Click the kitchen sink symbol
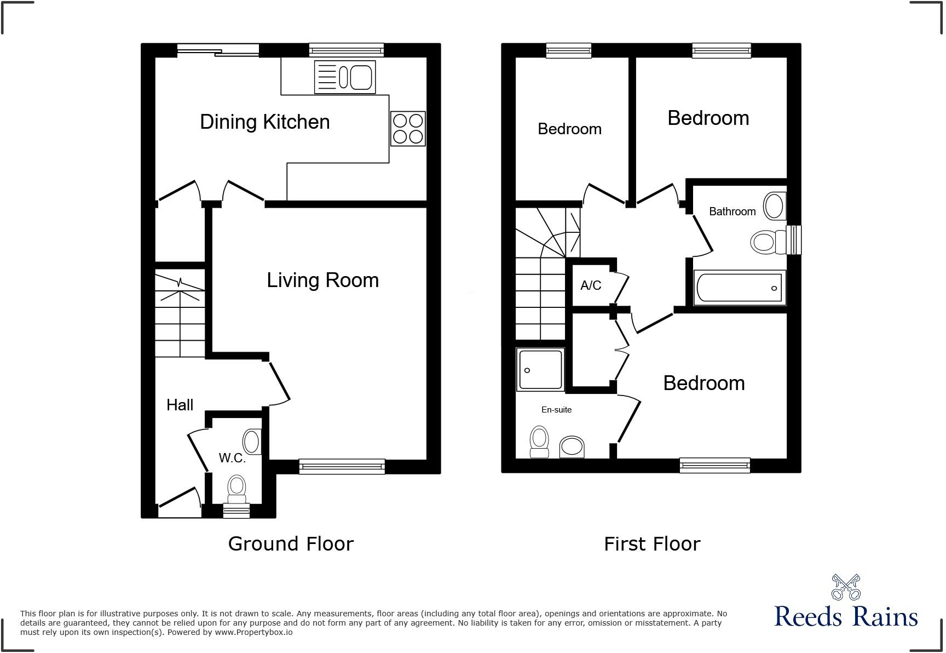click(x=345, y=77)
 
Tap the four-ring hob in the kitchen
click(x=408, y=128)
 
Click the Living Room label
click(x=322, y=280)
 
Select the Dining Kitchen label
click(x=264, y=122)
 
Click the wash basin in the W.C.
click(x=252, y=442)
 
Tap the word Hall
click(x=180, y=405)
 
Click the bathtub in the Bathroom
click(x=740, y=288)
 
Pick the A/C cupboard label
click(x=591, y=285)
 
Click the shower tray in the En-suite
click(x=540, y=370)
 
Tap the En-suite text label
click(x=556, y=410)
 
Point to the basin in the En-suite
click(x=572, y=446)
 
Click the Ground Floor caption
click(x=291, y=544)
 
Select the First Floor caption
click(x=652, y=544)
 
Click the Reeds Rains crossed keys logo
click(x=846, y=587)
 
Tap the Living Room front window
click(x=342, y=466)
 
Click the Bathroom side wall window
click(x=794, y=240)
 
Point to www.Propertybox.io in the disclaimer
click(x=253, y=632)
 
